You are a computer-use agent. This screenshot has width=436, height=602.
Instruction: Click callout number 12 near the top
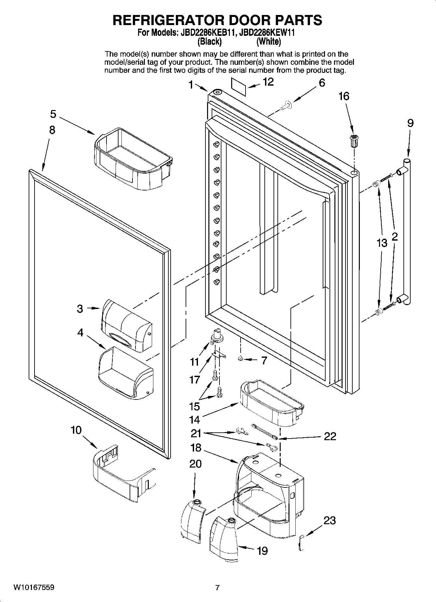pos(268,82)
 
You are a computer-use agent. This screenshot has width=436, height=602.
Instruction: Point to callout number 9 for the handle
pos(410,123)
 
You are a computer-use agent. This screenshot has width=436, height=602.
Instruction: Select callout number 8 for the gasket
pos(52,130)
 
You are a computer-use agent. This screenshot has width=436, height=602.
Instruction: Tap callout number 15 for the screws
pos(195,406)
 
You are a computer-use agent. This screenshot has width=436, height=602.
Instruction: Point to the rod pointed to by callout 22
pos(264,431)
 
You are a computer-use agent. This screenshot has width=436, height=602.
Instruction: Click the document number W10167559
pos(34,587)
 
